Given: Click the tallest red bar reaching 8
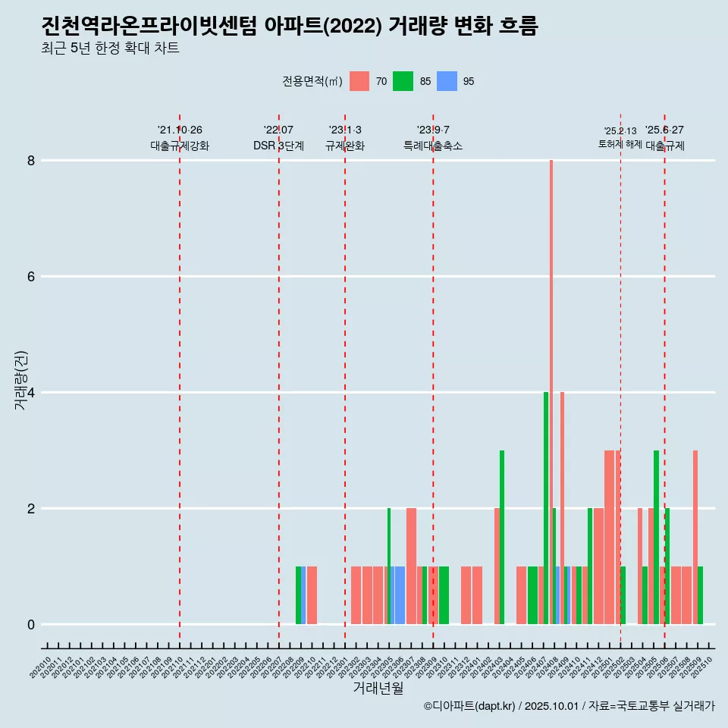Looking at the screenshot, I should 551,379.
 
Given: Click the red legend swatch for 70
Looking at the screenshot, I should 359,81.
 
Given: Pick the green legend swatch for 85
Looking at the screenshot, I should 403,81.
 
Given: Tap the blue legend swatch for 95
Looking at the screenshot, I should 447,81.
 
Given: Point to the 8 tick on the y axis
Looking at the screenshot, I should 31,161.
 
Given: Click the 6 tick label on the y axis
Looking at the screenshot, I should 31,277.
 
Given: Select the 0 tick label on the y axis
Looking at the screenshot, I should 31,625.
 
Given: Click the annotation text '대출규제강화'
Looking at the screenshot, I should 180,146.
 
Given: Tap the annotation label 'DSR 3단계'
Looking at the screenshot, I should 279,146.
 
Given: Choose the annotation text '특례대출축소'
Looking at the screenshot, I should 433,146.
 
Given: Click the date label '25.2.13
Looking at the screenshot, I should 620,131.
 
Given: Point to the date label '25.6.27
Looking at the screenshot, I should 664,130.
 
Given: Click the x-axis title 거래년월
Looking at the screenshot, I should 378,688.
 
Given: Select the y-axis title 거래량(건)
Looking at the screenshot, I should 20,379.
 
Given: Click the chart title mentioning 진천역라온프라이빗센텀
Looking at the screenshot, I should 290,27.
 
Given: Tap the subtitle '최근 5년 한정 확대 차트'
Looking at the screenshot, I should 111,49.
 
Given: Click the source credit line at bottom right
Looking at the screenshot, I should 569,706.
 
